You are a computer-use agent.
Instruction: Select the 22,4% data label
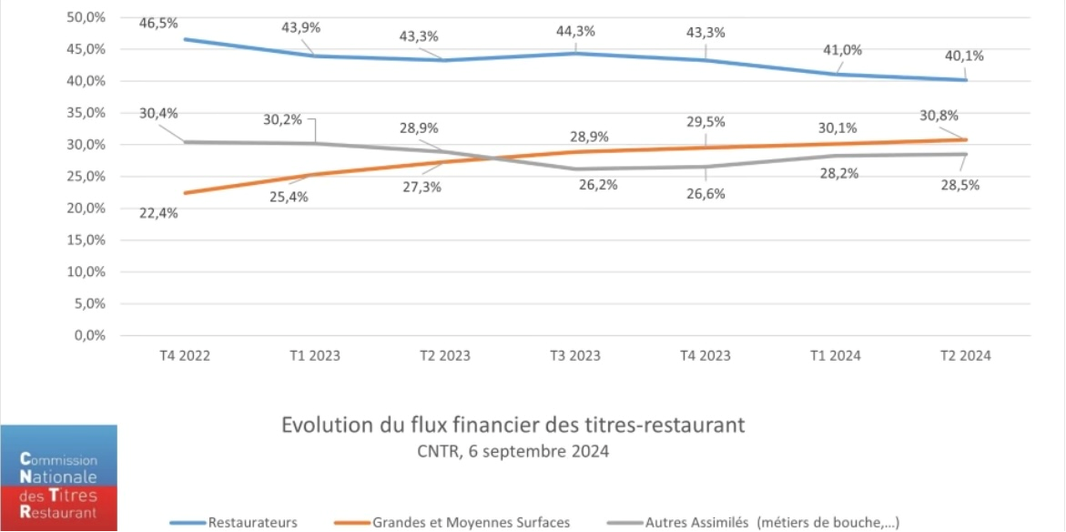point(159,213)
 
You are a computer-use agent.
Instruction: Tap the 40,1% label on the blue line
point(964,56)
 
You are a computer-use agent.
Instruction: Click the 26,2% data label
point(598,184)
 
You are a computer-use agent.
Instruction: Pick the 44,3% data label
point(575,31)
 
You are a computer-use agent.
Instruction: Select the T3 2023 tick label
point(574,356)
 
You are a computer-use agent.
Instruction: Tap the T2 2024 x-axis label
point(965,356)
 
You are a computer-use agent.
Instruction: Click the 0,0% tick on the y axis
point(89,336)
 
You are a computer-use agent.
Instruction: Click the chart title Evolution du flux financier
point(513,425)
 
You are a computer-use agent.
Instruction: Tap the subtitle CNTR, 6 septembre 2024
point(513,451)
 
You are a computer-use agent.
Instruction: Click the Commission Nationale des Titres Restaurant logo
point(58,478)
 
